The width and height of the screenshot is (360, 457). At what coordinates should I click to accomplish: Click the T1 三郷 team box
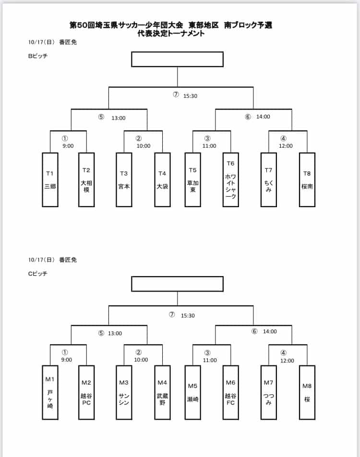(x=50, y=180)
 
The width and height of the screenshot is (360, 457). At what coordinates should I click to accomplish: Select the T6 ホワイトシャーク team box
(x=230, y=180)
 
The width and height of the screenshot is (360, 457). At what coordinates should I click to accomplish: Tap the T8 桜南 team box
(x=307, y=180)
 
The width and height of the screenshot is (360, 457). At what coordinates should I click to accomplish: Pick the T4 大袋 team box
(x=162, y=180)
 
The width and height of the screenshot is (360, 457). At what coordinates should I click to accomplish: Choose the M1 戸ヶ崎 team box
(x=50, y=392)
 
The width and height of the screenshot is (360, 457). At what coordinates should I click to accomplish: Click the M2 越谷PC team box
(x=86, y=392)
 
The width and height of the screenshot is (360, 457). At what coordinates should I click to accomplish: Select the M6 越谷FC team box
(x=230, y=392)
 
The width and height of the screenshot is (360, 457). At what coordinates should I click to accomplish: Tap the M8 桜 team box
(x=307, y=392)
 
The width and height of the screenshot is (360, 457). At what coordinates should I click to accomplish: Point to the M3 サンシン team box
(x=124, y=392)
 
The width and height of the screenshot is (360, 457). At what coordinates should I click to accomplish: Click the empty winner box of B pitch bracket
(x=178, y=59)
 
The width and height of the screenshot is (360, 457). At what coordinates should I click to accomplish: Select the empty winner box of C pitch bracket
(x=178, y=284)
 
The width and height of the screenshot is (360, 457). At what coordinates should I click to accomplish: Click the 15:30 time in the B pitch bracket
(x=190, y=96)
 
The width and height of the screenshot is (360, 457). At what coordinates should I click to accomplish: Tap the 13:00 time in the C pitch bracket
(x=115, y=333)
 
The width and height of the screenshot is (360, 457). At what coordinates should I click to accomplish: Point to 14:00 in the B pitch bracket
(x=263, y=117)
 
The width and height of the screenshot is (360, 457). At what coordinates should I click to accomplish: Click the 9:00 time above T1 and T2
(x=68, y=146)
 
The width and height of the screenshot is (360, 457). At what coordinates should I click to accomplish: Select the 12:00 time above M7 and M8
(x=287, y=361)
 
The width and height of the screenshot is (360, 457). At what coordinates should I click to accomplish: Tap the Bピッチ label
(x=37, y=56)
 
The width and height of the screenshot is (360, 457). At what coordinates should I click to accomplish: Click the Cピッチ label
(x=37, y=273)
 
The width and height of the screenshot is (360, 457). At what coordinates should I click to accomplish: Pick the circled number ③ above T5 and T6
(x=207, y=138)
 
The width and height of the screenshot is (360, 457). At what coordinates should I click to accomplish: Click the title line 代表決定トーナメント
(x=171, y=33)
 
